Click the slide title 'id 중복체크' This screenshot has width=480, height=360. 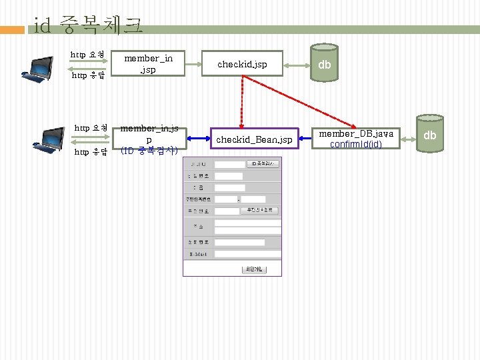(x=88, y=26)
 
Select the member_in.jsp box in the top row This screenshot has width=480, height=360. (x=148, y=64)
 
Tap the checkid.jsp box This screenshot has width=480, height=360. (x=243, y=64)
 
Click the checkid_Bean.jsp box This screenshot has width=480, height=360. (x=254, y=139)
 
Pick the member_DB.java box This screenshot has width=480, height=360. (x=356, y=139)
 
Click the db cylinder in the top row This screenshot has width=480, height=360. (x=325, y=64)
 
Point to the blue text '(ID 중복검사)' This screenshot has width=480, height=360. (x=148, y=151)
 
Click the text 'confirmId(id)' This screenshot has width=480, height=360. (x=356, y=144)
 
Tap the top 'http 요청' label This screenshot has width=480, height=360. (x=87, y=53)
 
